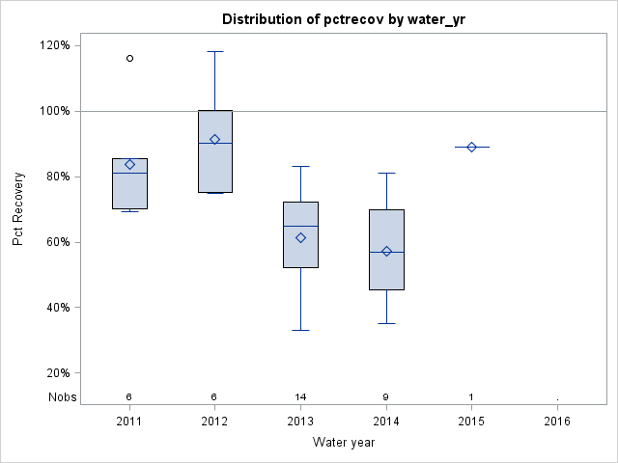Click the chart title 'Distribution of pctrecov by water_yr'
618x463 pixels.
click(344, 19)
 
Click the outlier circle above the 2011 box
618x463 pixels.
click(129, 58)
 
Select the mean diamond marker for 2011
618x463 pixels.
click(129, 164)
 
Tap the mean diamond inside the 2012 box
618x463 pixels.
click(214, 140)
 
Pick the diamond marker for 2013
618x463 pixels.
click(300, 237)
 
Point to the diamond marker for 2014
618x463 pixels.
click(386, 251)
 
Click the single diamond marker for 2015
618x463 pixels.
click(471, 147)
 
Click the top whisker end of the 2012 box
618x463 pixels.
click(214, 51)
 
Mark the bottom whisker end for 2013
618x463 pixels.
click(300, 330)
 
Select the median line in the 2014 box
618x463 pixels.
click(386, 252)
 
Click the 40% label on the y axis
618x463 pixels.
click(54, 308)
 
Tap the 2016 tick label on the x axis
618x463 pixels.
click(557, 422)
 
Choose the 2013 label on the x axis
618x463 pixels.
click(300, 422)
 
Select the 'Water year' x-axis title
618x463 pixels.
click(344, 443)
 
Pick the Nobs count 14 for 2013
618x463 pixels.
click(300, 396)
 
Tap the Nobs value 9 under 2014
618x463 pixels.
click(386, 396)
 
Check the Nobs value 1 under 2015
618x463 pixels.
click(471, 396)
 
